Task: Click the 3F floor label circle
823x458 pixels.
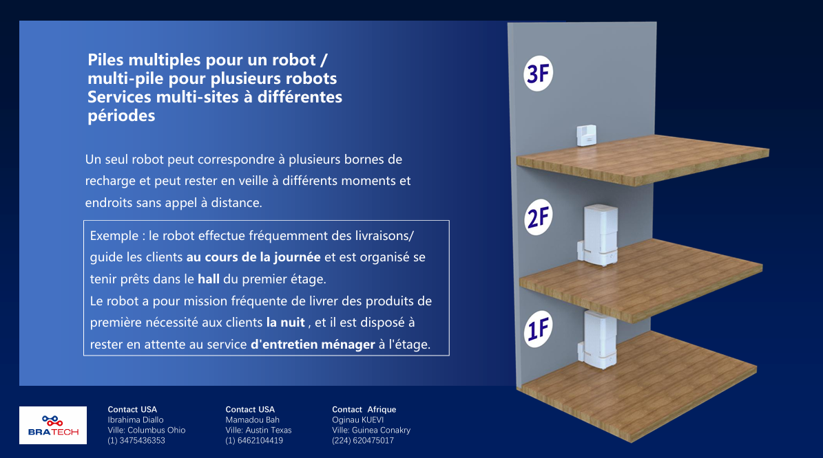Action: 538,74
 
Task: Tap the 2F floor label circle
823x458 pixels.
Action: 539,217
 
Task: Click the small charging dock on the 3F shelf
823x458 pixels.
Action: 586,135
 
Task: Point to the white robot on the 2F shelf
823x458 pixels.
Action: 599,235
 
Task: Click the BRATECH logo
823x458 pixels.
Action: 53,425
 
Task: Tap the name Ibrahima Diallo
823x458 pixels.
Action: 136,419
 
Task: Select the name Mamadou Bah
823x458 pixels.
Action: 253,419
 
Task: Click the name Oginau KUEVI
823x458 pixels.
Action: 358,419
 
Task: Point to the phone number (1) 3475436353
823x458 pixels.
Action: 136,441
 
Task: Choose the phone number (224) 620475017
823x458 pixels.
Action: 363,441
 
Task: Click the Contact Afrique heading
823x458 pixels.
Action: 364,409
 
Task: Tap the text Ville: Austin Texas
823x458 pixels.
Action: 259,430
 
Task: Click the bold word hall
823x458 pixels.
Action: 209,279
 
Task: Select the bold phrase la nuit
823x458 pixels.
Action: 286,323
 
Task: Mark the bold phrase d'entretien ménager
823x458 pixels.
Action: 313,345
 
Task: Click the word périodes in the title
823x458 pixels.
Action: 121,116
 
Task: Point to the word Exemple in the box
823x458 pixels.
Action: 114,236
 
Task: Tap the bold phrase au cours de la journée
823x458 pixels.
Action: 253,257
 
